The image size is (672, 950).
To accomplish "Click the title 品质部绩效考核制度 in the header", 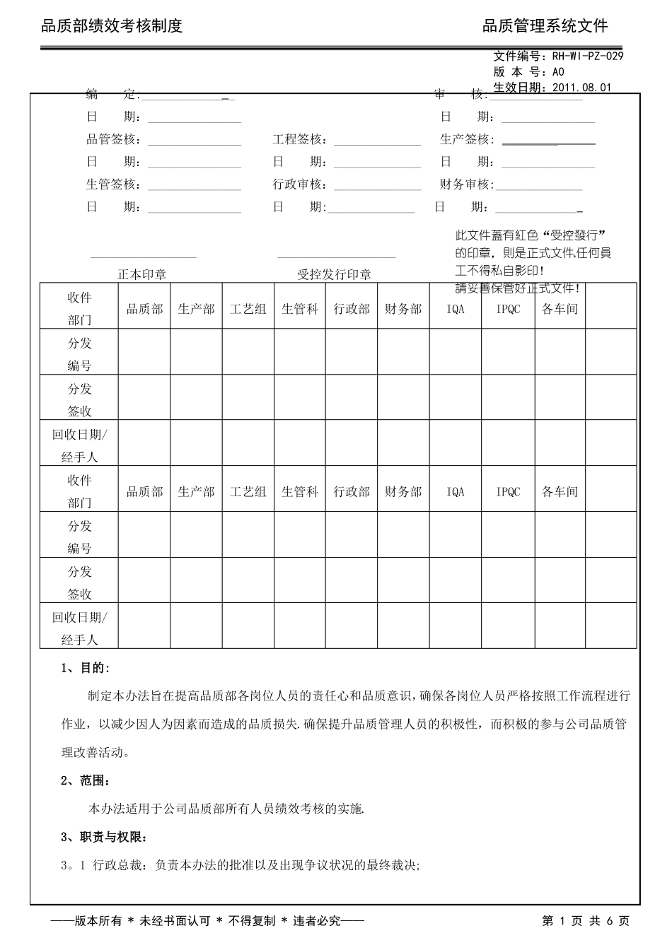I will [112, 26].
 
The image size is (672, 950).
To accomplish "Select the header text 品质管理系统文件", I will [545, 26].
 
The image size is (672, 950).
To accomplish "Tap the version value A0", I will [557, 72].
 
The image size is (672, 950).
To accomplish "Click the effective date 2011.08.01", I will [581, 88].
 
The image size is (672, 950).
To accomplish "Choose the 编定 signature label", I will [112, 95].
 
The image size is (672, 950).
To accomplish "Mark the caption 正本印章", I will [141, 274].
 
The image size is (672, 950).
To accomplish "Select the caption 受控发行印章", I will [334, 274].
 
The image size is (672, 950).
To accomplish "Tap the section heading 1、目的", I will [86, 668].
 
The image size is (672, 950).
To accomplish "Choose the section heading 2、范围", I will [86, 780].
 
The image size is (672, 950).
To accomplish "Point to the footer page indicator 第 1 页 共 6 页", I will [585, 921].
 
